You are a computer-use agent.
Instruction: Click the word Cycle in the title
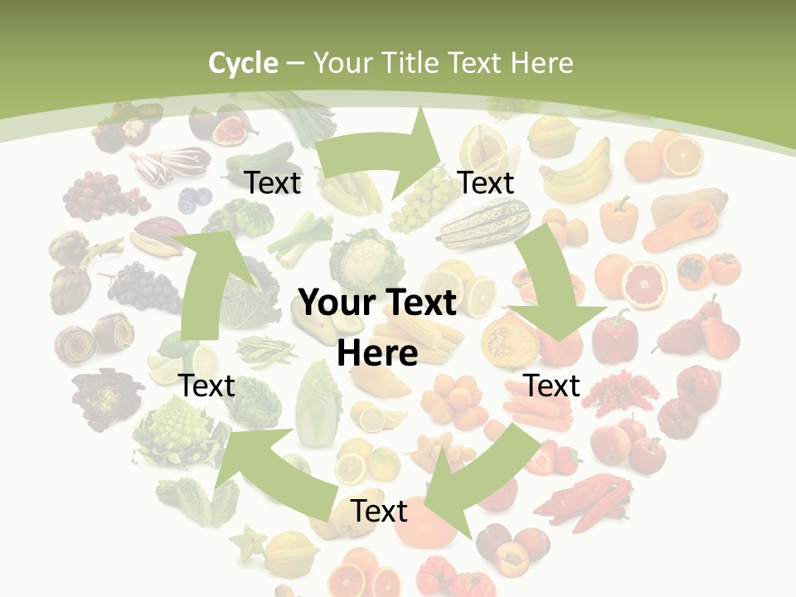(x=243, y=62)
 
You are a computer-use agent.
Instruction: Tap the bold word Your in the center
(x=337, y=303)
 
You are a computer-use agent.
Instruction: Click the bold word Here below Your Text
(x=377, y=354)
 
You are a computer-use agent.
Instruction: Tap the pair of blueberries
(x=195, y=198)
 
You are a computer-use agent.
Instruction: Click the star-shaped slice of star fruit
(x=251, y=543)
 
